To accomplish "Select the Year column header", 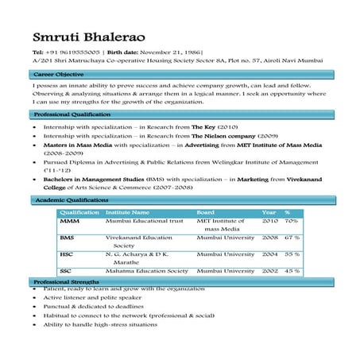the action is [x=269, y=213].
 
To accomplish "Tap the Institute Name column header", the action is [x=127, y=213].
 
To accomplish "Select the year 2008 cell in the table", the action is [x=269, y=238].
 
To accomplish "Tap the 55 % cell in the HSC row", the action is [x=292, y=254].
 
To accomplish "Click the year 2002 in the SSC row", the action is [x=269, y=271].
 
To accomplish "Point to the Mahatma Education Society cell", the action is [x=146, y=271].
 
